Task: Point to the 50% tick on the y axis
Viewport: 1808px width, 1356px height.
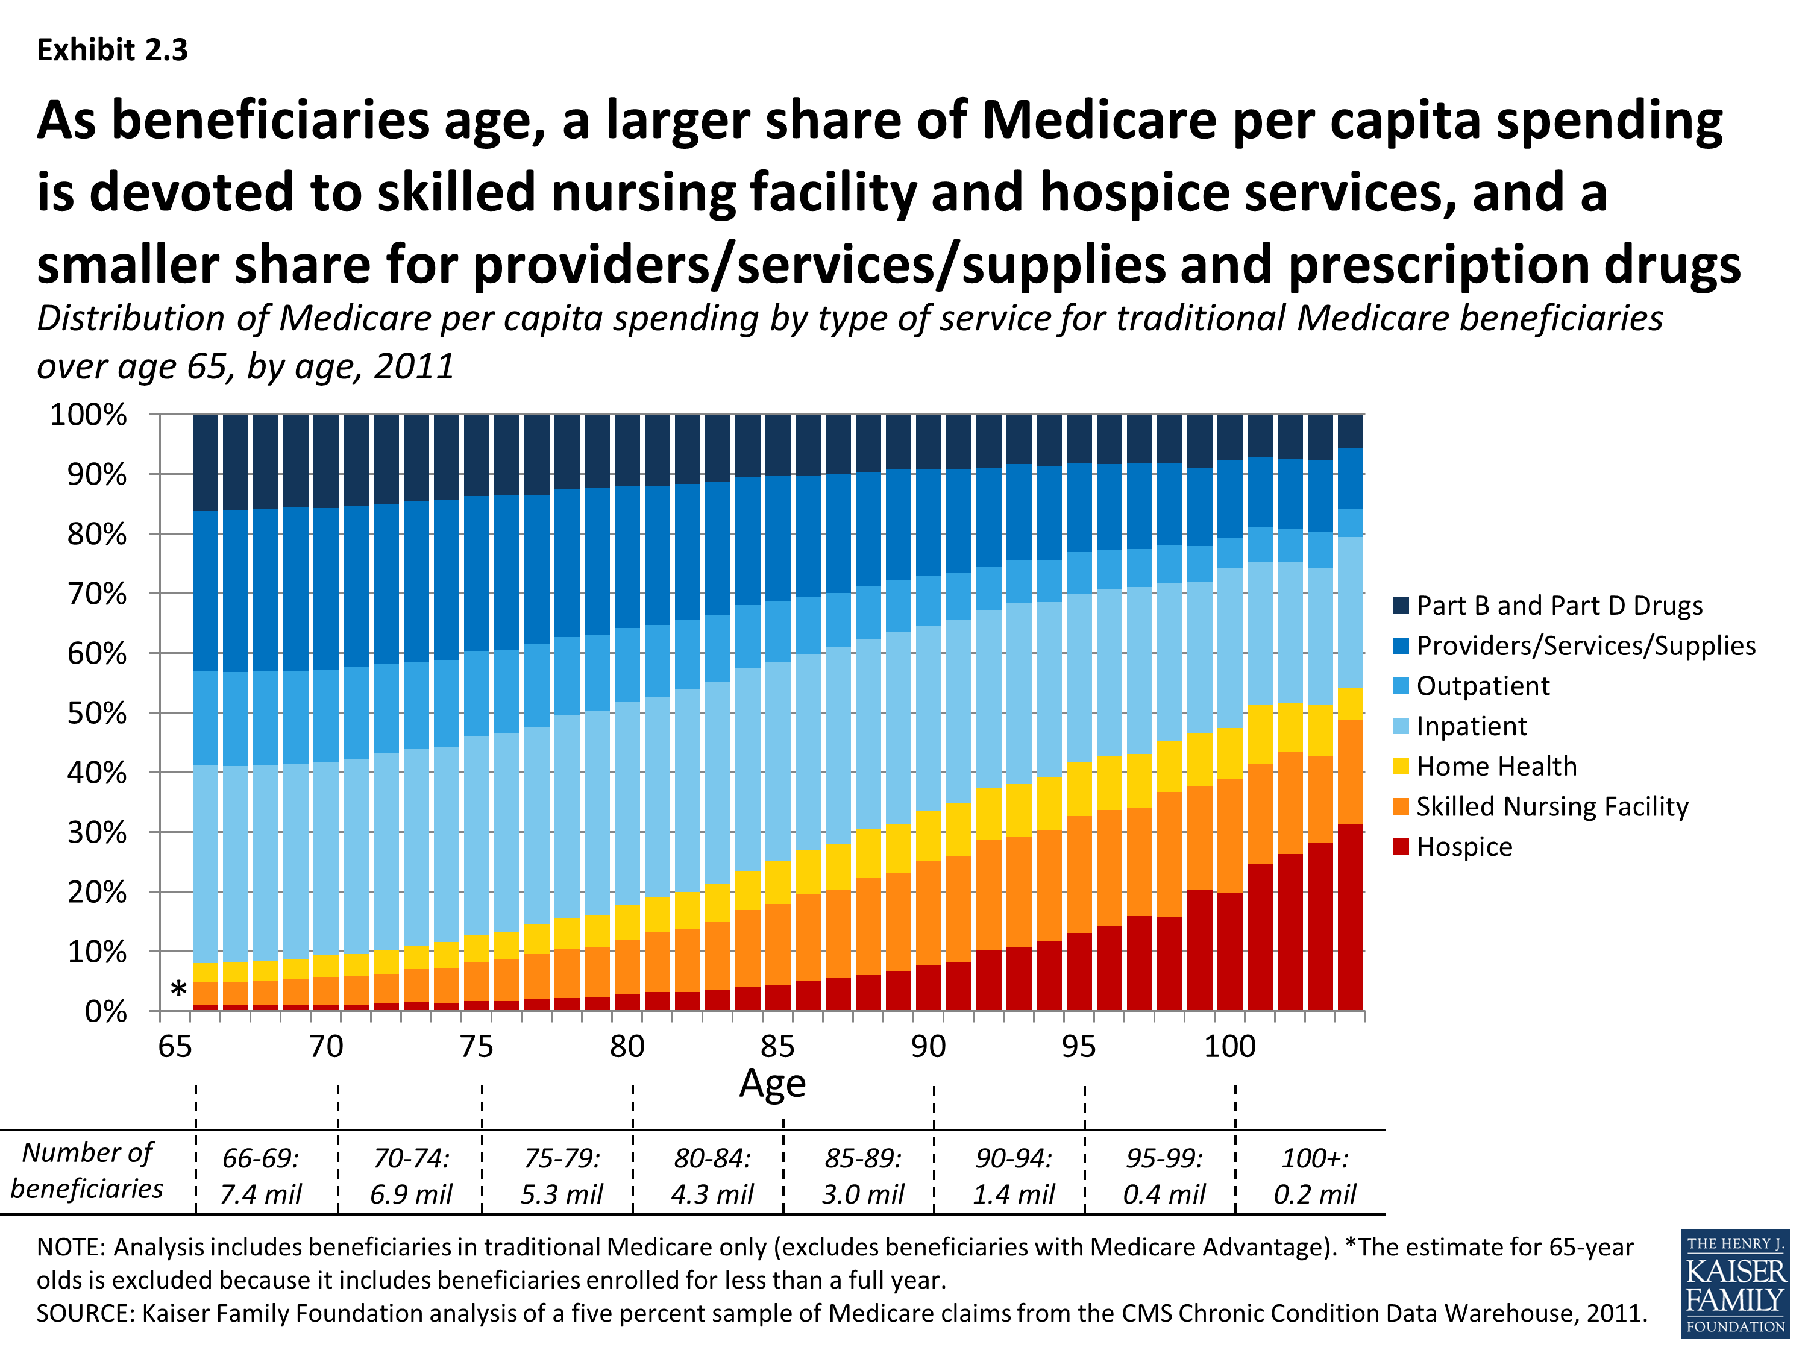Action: (98, 713)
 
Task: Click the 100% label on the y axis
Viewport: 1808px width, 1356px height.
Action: (90, 415)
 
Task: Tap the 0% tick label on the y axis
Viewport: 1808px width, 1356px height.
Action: (106, 1012)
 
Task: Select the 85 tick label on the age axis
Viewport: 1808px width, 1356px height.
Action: (777, 1046)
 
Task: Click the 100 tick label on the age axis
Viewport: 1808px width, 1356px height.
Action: (1229, 1046)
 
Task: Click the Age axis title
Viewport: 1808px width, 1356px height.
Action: (773, 1084)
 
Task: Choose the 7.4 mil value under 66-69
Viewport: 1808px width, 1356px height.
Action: (261, 1194)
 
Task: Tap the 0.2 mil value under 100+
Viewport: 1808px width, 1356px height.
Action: (1314, 1194)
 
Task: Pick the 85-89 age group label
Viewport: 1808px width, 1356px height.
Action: (862, 1158)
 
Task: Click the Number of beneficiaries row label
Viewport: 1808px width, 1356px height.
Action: (87, 1170)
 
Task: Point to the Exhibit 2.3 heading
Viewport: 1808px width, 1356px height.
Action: (113, 51)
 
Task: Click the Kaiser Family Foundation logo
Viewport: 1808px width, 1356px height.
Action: (1735, 1283)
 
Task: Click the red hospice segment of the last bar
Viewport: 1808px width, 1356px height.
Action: (1351, 917)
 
